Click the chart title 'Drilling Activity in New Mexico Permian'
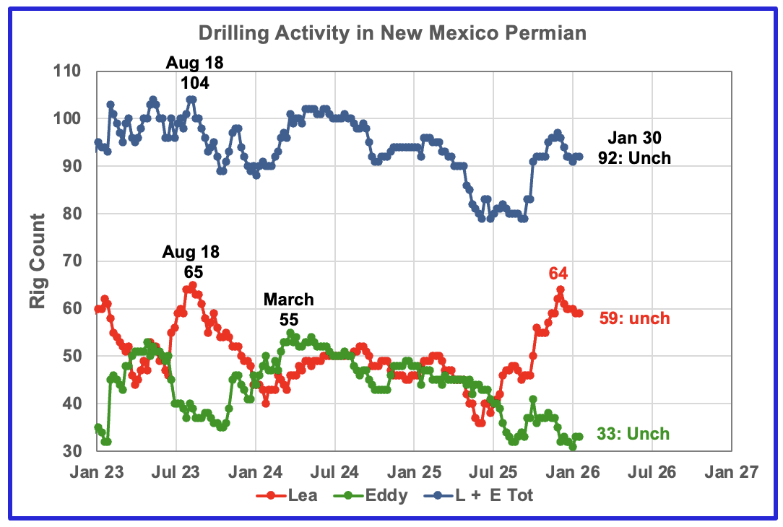click(x=393, y=32)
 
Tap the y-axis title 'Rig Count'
click(x=38, y=261)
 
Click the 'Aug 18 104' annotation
click(x=194, y=73)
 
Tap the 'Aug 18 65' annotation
click(x=191, y=262)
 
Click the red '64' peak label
click(x=559, y=273)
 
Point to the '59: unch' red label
click(x=634, y=318)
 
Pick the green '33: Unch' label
click(x=633, y=434)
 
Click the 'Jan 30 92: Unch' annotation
click(x=634, y=147)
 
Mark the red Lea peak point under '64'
click(x=560, y=289)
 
